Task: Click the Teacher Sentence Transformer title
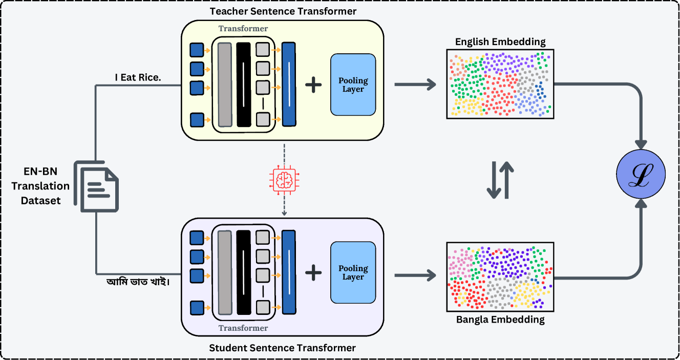(282, 11)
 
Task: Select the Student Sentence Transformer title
(282, 348)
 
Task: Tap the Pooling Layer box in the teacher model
(353, 84)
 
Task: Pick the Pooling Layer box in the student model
(353, 272)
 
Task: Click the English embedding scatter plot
(500, 84)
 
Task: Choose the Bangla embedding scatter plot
(500, 277)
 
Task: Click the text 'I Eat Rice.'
(137, 77)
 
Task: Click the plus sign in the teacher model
(313, 84)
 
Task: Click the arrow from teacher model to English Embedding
(415, 84)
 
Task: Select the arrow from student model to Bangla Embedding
(415, 277)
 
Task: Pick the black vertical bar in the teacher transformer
(244, 84)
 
